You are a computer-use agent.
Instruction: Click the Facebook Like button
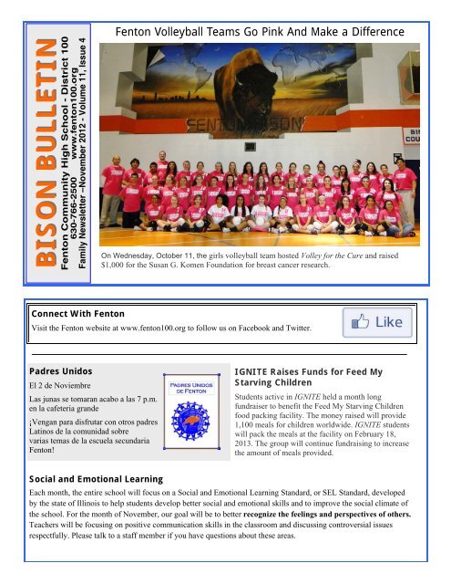pyautogui.click(x=374, y=323)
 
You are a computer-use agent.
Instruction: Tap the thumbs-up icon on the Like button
pyautogui.click(x=357, y=322)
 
